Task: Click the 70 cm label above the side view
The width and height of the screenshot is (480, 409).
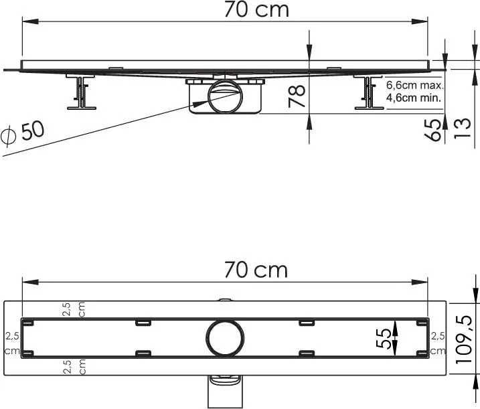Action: [256, 9]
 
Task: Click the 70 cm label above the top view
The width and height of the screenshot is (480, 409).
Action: [256, 270]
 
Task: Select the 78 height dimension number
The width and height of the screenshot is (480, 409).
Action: [297, 96]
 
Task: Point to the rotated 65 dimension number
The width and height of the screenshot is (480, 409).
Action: [434, 129]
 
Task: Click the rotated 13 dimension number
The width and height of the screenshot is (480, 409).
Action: [461, 128]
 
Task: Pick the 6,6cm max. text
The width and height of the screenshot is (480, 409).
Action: [415, 85]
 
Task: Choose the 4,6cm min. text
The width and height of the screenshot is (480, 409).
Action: [414, 98]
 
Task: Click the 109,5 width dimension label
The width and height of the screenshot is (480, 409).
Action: [464, 339]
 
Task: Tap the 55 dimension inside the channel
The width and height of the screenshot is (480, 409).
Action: [384, 338]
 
